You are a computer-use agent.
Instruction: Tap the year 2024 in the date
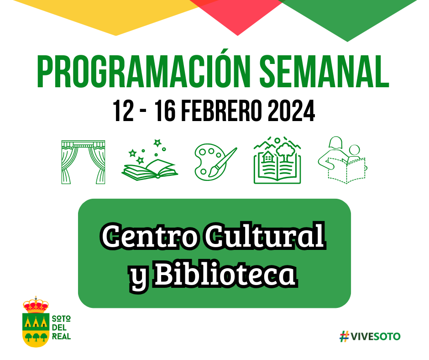(x=291, y=111)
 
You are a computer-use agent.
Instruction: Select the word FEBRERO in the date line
(x=221, y=111)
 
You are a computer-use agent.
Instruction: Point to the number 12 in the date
(x=123, y=111)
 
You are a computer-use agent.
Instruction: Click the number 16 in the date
(x=165, y=111)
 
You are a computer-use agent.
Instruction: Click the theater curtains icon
(x=83, y=162)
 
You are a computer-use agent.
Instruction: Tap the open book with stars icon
(x=150, y=160)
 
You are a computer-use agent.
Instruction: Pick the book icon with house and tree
(x=277, y=160)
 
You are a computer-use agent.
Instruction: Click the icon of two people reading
(x=342, y=160)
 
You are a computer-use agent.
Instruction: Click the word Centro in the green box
(x=150, y=236)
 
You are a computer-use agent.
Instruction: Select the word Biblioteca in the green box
(x=226, y=273)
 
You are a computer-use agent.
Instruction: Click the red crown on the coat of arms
(x=36, y=305)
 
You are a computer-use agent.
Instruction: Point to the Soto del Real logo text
(x=61, y=328)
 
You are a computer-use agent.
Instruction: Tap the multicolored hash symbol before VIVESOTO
(x=344, y=336)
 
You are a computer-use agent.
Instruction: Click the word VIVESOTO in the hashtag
(x=375, y=336)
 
